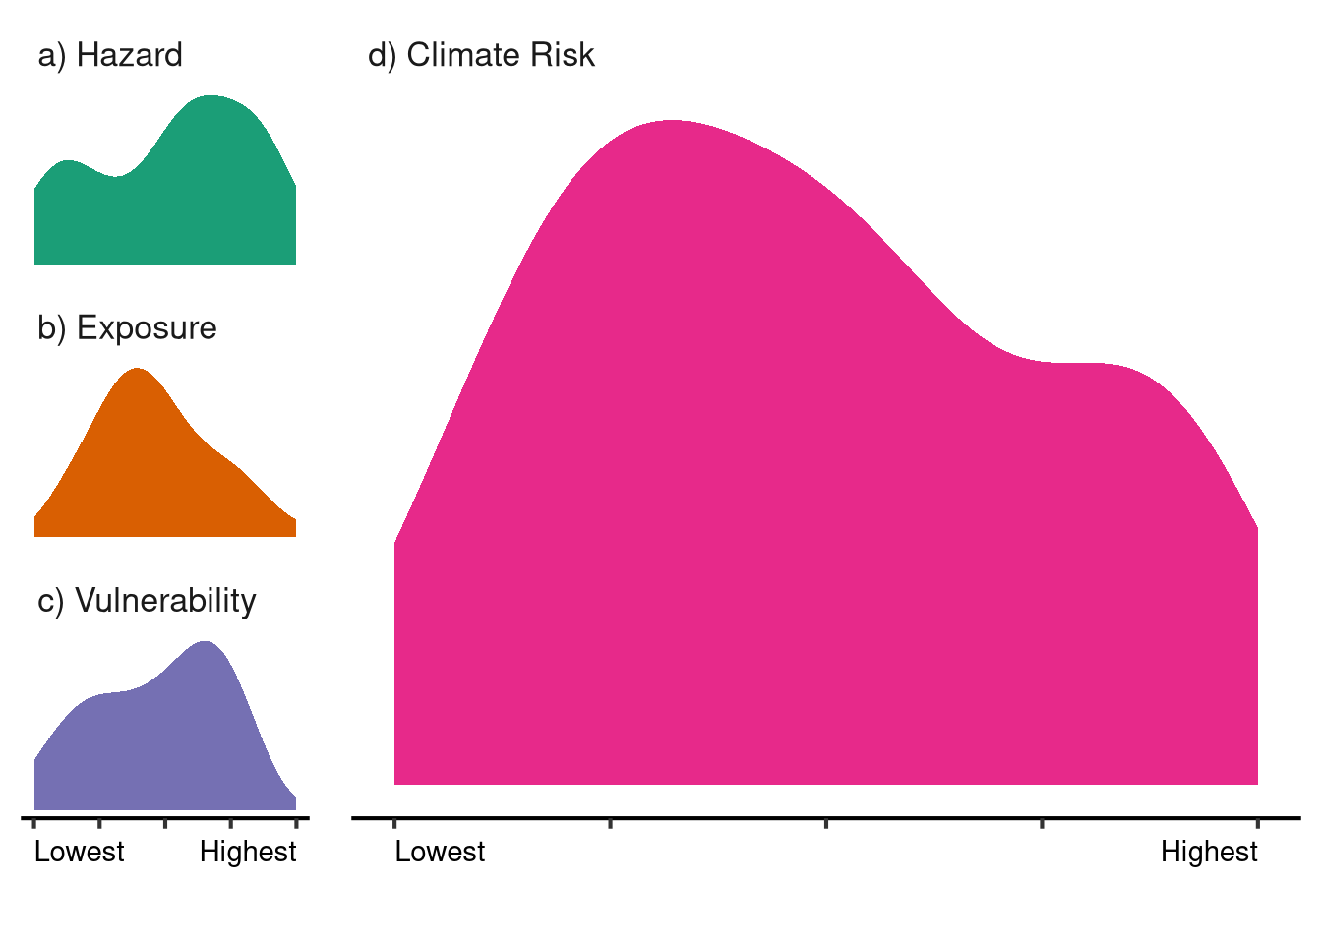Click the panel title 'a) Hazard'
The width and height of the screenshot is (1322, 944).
click(x=110, y=55)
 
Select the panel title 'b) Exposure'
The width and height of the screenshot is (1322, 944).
click(x=127, y=327)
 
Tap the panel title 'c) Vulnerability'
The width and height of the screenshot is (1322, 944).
click(x=147, y=600)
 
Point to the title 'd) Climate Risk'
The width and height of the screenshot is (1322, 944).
click(x=481, y=55)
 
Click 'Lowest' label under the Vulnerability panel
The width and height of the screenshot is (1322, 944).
click(x=80, y=852)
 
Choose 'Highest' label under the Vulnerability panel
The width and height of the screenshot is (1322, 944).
click(x=248, y=852)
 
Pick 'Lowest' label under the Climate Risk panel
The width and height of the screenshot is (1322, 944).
click(x=440, y=852)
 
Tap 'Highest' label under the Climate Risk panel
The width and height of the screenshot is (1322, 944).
click(x=1209, y=852)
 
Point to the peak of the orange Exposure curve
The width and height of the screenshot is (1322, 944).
click(x=137, y=370)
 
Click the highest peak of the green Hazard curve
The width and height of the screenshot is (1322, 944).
click(x=210, y=97)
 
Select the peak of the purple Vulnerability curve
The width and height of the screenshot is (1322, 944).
click(x=205, y=642)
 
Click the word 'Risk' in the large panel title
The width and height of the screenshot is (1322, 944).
click(x=563, y=55)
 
